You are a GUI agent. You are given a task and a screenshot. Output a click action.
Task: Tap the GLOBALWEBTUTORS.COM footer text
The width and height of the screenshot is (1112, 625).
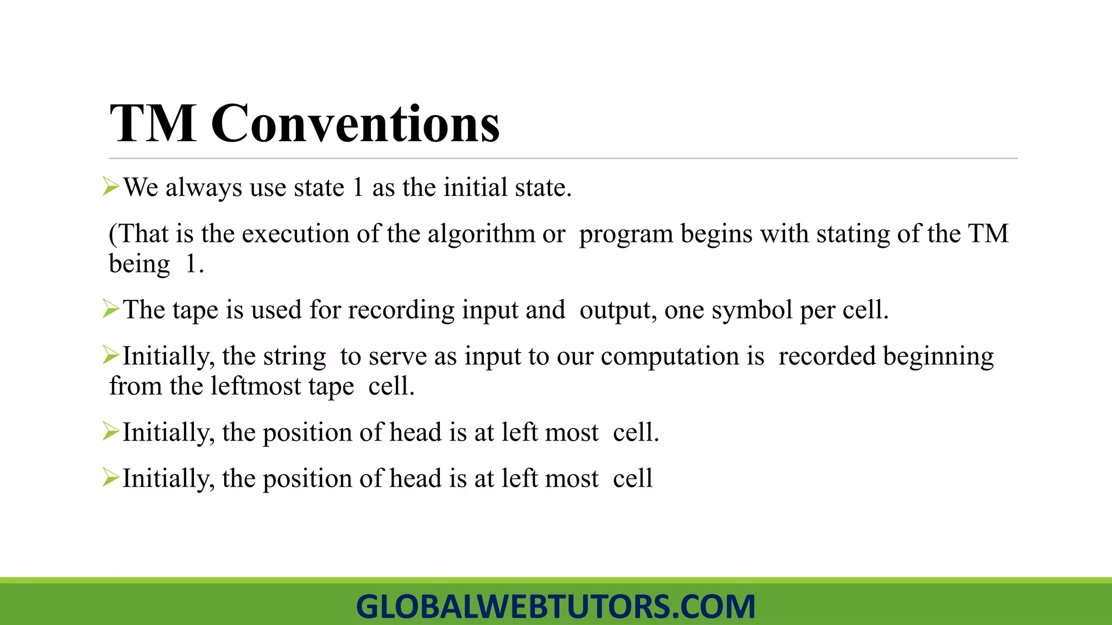tap(555, 606)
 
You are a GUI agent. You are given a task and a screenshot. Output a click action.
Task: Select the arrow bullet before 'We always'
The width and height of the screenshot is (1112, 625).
tap(111, 187)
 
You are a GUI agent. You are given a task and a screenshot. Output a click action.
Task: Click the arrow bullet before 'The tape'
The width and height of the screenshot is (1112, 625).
tap(111, 309)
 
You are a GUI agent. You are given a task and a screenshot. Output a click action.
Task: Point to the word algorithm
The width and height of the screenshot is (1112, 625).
tap(481, 234)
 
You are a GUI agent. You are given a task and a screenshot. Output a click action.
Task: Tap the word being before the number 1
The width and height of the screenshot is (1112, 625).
tap(140, 265)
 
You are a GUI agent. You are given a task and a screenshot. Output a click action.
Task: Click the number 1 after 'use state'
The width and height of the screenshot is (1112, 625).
tap(358, 188)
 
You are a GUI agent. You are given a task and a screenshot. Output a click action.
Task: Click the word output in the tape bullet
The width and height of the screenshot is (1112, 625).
tap(615, 310)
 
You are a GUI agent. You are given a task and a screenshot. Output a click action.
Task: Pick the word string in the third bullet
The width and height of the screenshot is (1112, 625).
tap(294, 357)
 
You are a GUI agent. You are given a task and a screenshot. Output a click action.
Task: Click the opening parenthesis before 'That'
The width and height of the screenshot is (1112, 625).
tap(113, 234)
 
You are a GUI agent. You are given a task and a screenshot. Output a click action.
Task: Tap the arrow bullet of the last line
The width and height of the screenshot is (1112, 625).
tap(111, 478)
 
